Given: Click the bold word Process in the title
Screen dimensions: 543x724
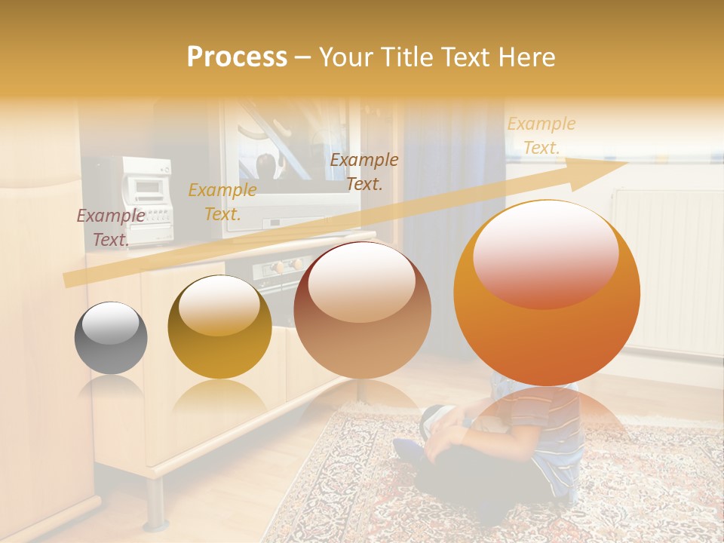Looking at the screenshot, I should [237, 57].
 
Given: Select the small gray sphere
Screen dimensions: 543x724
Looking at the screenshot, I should [111, 338].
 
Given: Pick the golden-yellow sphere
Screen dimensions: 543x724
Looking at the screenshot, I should [219, 327].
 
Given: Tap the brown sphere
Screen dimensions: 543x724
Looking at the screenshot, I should [362, 310].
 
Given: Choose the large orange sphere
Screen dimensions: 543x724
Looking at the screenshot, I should [547, 293].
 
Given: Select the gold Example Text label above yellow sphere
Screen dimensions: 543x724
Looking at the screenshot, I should [222, 202].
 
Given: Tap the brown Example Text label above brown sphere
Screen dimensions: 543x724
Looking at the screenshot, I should [364, 171].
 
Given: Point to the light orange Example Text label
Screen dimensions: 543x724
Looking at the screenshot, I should [541, 136].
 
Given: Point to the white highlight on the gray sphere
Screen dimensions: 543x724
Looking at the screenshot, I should [110, 325].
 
